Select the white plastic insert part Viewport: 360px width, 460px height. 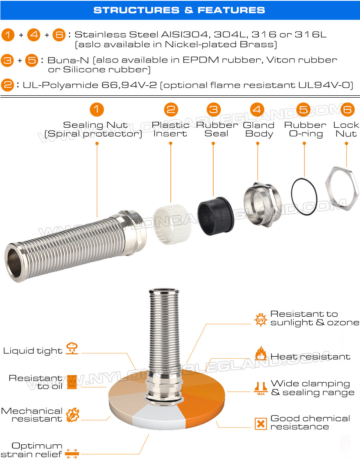click(x=172, y=224)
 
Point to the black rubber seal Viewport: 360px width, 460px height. click(x=216, y=216)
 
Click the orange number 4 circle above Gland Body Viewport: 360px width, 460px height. click(x=257, y=110)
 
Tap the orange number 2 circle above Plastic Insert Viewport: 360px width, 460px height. click(x=171, y=110)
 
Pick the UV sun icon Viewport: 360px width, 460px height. click(x=261, y=319)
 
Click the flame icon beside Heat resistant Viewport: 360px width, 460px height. click(x=261, y=353)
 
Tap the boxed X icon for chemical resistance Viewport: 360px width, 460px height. click(x=261, y=424)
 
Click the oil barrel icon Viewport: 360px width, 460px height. click(x=72, y=382)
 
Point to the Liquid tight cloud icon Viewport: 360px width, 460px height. click(x=72, y=348)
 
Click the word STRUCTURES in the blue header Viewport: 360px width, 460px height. click(x=136, y=10)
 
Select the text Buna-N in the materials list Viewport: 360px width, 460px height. click(x=68, y=60)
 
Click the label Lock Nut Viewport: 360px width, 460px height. click(x=346, y=129)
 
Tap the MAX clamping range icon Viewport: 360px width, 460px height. click(x=261, y=388)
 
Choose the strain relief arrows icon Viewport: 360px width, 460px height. click(x=72, y=453)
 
